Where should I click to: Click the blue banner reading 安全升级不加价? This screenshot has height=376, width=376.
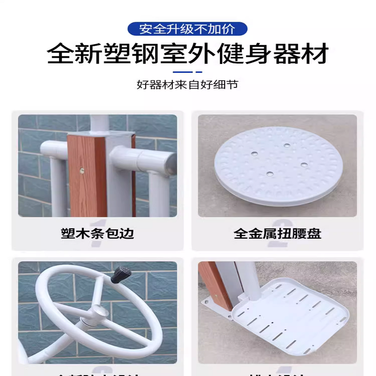point(187,29)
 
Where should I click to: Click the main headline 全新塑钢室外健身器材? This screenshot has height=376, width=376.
point(188,54)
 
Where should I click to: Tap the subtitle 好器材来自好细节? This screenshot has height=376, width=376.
point(188,85)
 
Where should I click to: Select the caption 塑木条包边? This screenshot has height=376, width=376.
point(97,233)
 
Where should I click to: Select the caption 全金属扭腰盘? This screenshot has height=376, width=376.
point(277,233)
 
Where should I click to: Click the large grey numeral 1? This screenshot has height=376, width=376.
point(98,220)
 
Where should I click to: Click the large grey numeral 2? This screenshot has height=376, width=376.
point(277,221)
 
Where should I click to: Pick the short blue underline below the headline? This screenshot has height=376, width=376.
point(188,72)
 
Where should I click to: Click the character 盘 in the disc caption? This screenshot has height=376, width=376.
point(314,233)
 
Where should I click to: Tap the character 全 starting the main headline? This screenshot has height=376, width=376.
point(62,54)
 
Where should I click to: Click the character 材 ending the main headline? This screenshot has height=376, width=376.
point(314,54)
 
